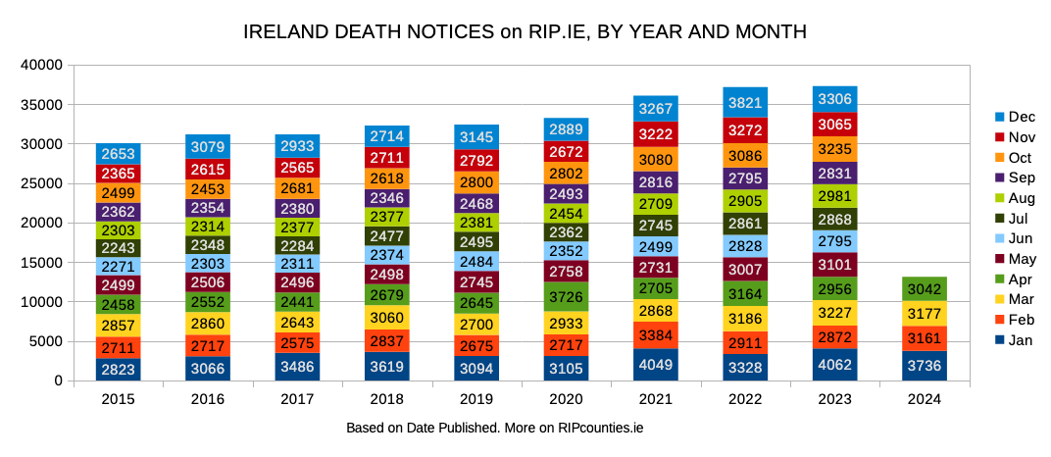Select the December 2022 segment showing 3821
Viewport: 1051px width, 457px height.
click(745, 102)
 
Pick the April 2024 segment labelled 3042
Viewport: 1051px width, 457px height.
click(925, 289)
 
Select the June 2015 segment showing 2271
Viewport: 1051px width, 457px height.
click(119, 266)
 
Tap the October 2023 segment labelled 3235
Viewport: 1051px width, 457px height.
click(835, 149)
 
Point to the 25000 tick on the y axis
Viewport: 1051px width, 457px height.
click(43, 183)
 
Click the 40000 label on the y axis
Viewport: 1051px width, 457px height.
click(43, 65)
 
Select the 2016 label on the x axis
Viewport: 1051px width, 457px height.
click(208, 400)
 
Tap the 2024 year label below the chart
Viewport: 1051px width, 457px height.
click(925, 400)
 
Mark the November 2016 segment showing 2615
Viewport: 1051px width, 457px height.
click(208, 169)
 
